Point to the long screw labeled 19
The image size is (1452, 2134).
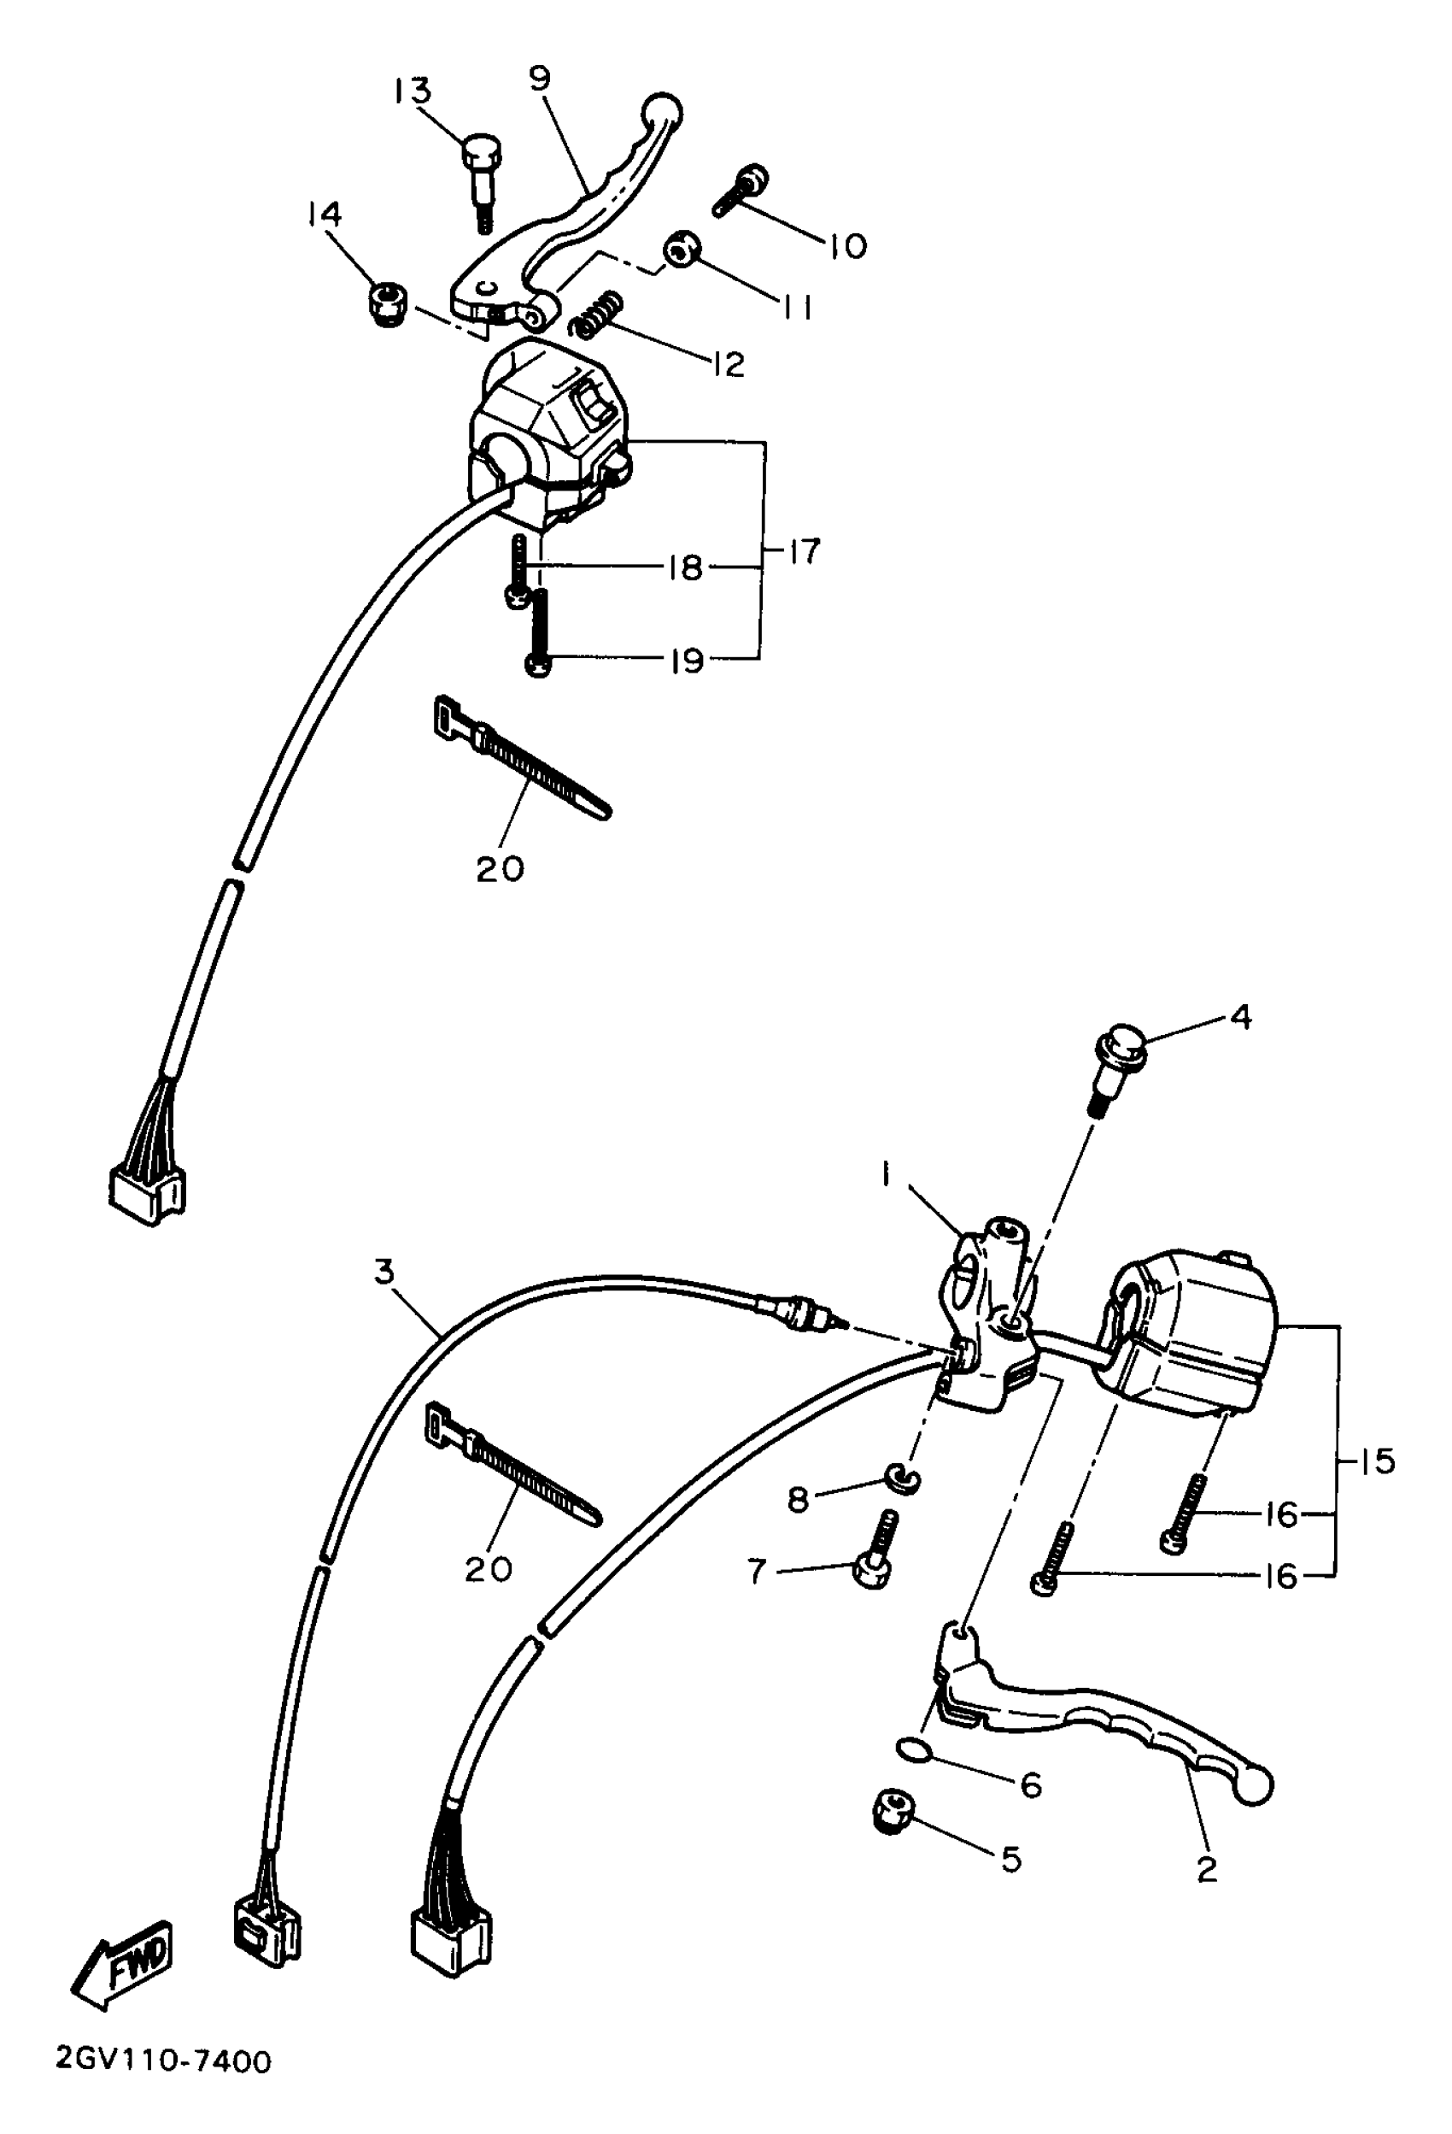(x=539, y=632)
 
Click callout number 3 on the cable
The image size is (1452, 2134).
(x=383, y=1271)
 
